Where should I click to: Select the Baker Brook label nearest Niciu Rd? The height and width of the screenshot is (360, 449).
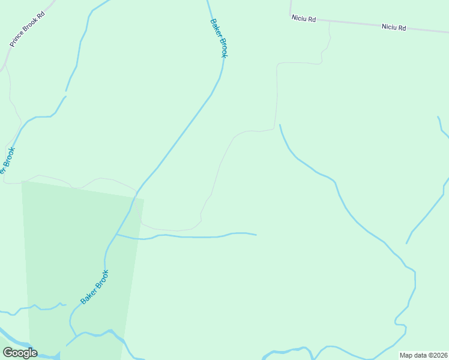(x=219, y=38)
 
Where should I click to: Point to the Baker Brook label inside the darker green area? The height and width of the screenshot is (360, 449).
(x=95, y=287)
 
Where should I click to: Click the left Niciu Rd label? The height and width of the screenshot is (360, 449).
(x=303, y=19)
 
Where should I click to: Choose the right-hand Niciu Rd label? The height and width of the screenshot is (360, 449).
(x=394, y=27)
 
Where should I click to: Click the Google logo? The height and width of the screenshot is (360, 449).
(x=20, y=353)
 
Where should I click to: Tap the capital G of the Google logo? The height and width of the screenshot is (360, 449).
(x=8, y=353)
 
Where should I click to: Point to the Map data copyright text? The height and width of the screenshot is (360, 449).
(x=423, y=355)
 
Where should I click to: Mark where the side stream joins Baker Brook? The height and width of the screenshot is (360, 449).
(x=116, y=235)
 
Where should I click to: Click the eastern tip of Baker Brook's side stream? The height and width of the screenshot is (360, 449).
(x=256, y=235)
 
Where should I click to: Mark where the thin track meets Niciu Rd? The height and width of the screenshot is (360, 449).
(x=330, y=21)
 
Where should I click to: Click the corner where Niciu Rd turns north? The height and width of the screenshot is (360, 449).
(x=291, y=16)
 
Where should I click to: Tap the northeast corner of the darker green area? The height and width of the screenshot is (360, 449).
(x=144, y=198)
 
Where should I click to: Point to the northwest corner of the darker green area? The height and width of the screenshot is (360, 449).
(x=22, y=181)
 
